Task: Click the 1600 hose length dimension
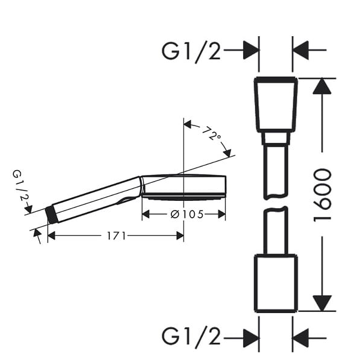tap(322, 195)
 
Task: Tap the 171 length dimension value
tap(116, 236)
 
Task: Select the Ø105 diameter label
tap(187, 214)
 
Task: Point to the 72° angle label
tap(212, 133)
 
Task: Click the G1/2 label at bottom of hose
tap(191, 337)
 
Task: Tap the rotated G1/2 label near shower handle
tap(21, 185)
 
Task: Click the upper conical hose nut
tap(276, 104)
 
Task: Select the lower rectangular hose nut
tap(276, 284)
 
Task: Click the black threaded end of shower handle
tap(51, 214)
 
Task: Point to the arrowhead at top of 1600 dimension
tap(322, 86)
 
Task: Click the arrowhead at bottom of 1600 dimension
tap(322, 303)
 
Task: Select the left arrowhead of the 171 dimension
tap(51, 236)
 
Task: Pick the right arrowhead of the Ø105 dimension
tap(221, 214)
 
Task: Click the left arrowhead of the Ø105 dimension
tap(146, 214)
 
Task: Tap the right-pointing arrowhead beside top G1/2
tap(251, 50)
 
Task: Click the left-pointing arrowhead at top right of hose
tap(300, 50)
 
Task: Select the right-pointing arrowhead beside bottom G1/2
tap(251, 338)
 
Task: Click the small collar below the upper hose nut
tap(276, 139)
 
